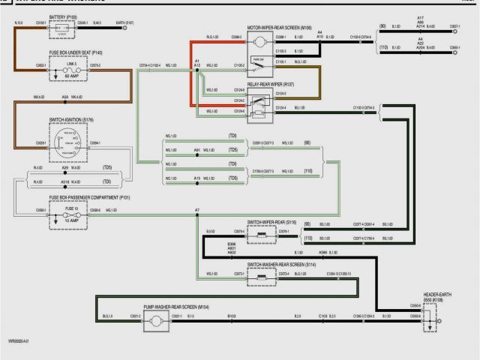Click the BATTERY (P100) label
[63, 16]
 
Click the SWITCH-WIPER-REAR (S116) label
[272, 223]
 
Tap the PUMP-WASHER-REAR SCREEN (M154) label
[176, 307]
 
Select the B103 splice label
[231, 316]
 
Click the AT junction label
[197, 210]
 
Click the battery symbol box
[63, 29]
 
